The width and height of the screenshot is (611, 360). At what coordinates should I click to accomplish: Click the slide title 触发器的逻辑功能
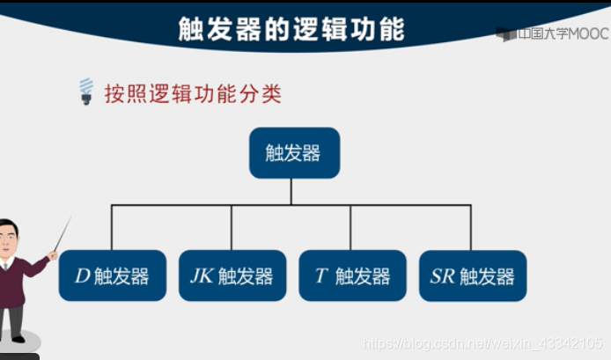pyautogui.click(x=291, y=29)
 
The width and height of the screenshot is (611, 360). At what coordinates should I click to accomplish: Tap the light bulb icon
pyautogui.click(x=86, y=91)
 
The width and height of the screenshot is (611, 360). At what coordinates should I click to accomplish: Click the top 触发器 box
pyautogui.click(x=293, y=153)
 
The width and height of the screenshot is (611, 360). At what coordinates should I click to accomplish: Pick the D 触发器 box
pyautogui.click(x=112, y=276)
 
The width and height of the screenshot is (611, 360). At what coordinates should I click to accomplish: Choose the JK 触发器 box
pyautogui.click(x=232, y=276)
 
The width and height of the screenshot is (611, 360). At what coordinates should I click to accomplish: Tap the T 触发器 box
pyautogui.click(x=352, y=276)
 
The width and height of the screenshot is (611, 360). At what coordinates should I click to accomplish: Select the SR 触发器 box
pyautogui.click(x=472, y=276)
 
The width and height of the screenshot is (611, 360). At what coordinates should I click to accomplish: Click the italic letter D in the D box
pyautogui.click(x=82, y=276)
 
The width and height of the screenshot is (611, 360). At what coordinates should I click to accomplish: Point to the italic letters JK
pyautogui.click(x=202, y=276)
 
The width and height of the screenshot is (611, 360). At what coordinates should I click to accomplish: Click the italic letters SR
pyautogui.click(x=442, y=276)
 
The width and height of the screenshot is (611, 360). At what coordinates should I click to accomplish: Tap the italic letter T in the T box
pyautogui.click(x=321, y=276)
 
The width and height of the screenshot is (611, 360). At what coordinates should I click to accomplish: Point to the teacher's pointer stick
pyautogui.click(x=61, y=235)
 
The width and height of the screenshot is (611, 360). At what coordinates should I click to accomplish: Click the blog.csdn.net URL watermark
pyautogui.click(x=483, y=342)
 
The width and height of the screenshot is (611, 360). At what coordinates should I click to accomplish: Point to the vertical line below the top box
pyautogui.click(x=291, y=191)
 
